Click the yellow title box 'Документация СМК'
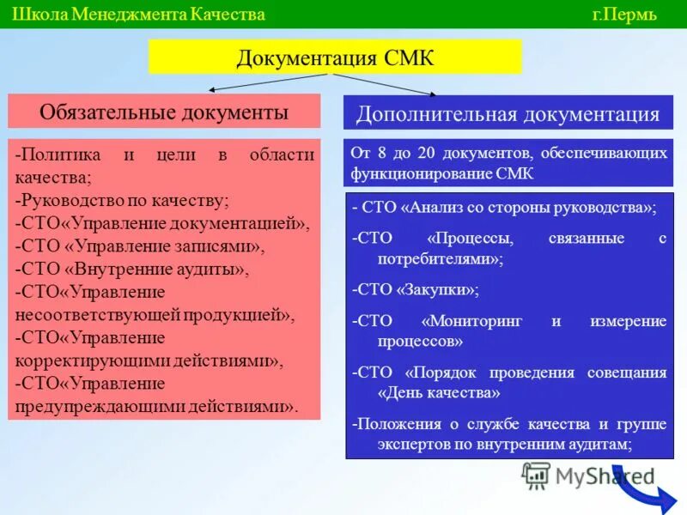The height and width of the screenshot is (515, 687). (x=335, y=58)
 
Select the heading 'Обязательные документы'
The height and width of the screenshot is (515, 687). (x=164, y=112)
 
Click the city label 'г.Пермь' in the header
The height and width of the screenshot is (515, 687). (x=623, y=15)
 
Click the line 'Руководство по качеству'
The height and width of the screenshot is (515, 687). (x=122, y=200)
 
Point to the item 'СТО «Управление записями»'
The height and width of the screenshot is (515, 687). (x=140, y=246)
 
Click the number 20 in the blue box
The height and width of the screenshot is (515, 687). (x=426, y=153)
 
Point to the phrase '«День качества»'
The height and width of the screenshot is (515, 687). (x=439, y=393)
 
